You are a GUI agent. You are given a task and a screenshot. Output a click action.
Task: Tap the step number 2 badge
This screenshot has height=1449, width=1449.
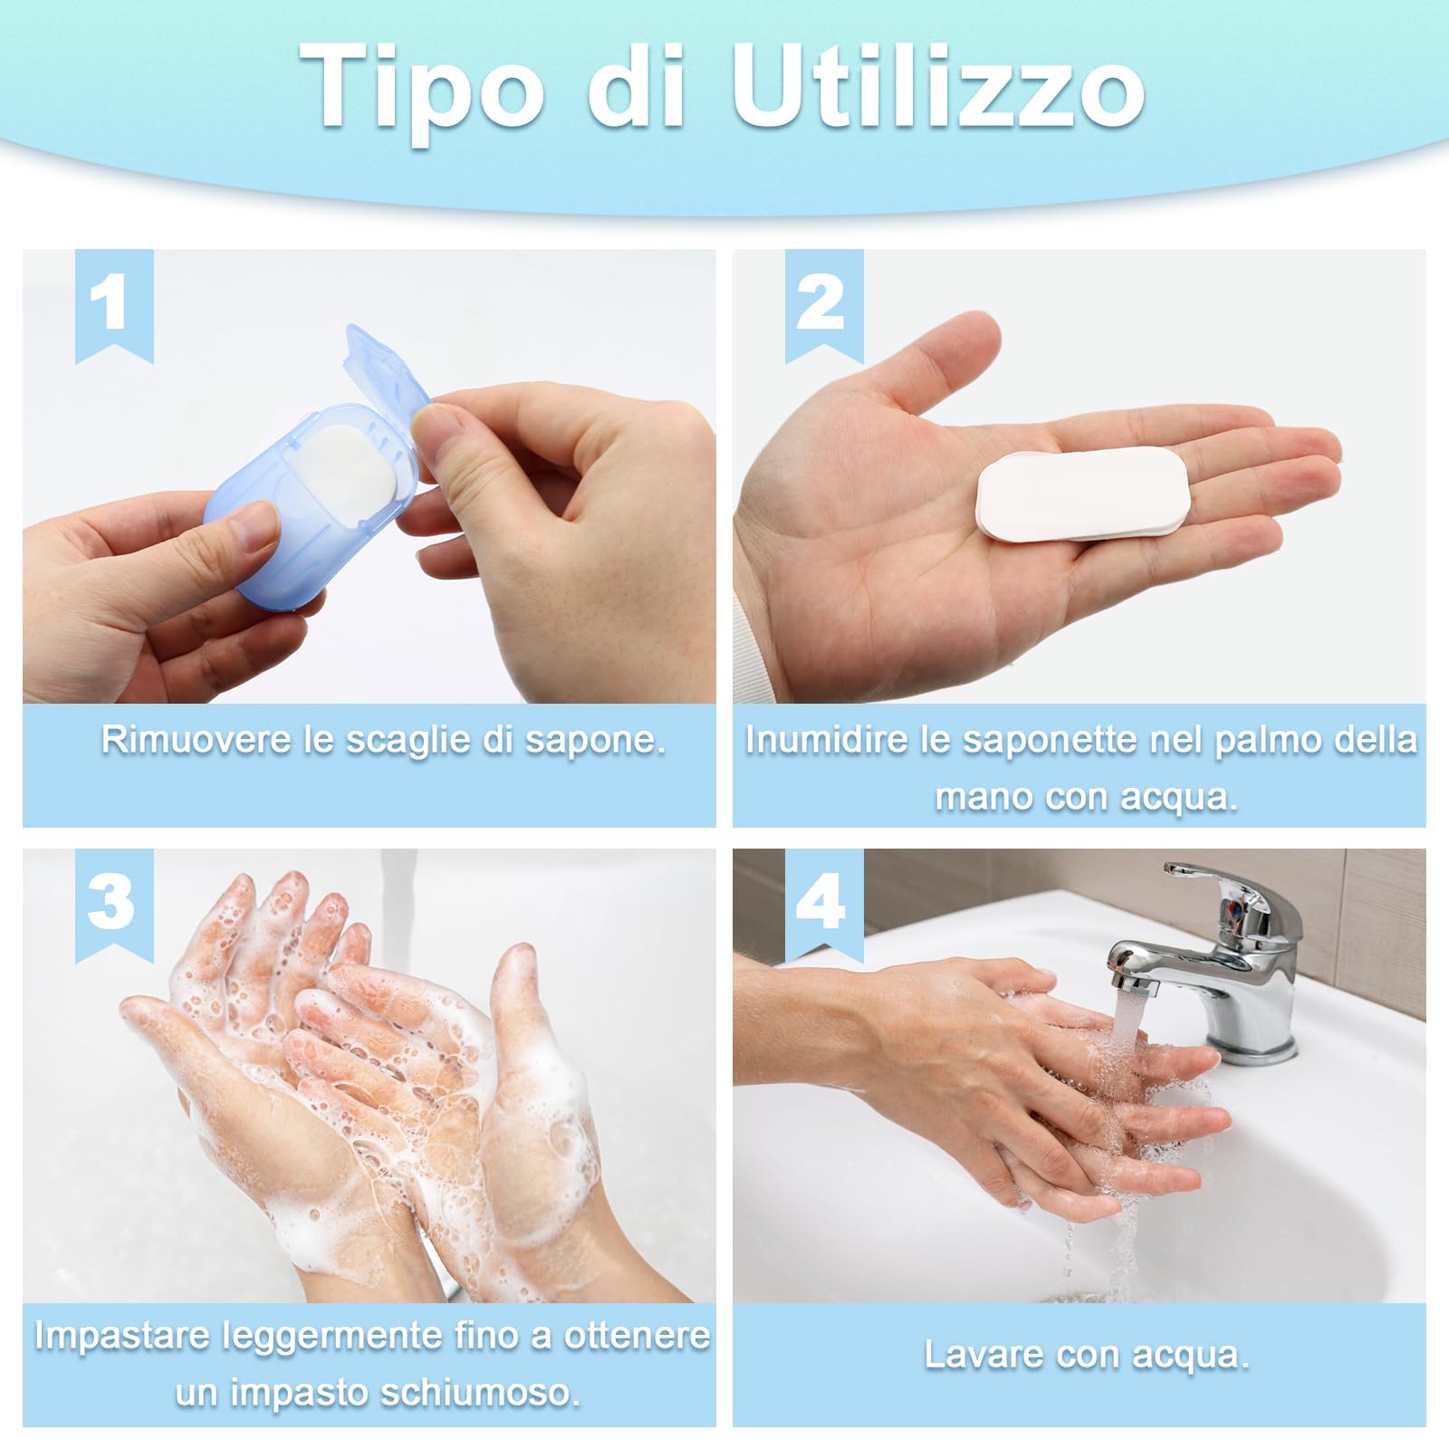[822, 303]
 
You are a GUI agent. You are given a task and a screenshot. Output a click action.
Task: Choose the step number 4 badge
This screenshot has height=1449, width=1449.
[822, 902]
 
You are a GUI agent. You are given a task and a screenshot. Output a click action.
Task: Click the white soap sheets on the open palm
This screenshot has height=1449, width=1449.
[1082, 494]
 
